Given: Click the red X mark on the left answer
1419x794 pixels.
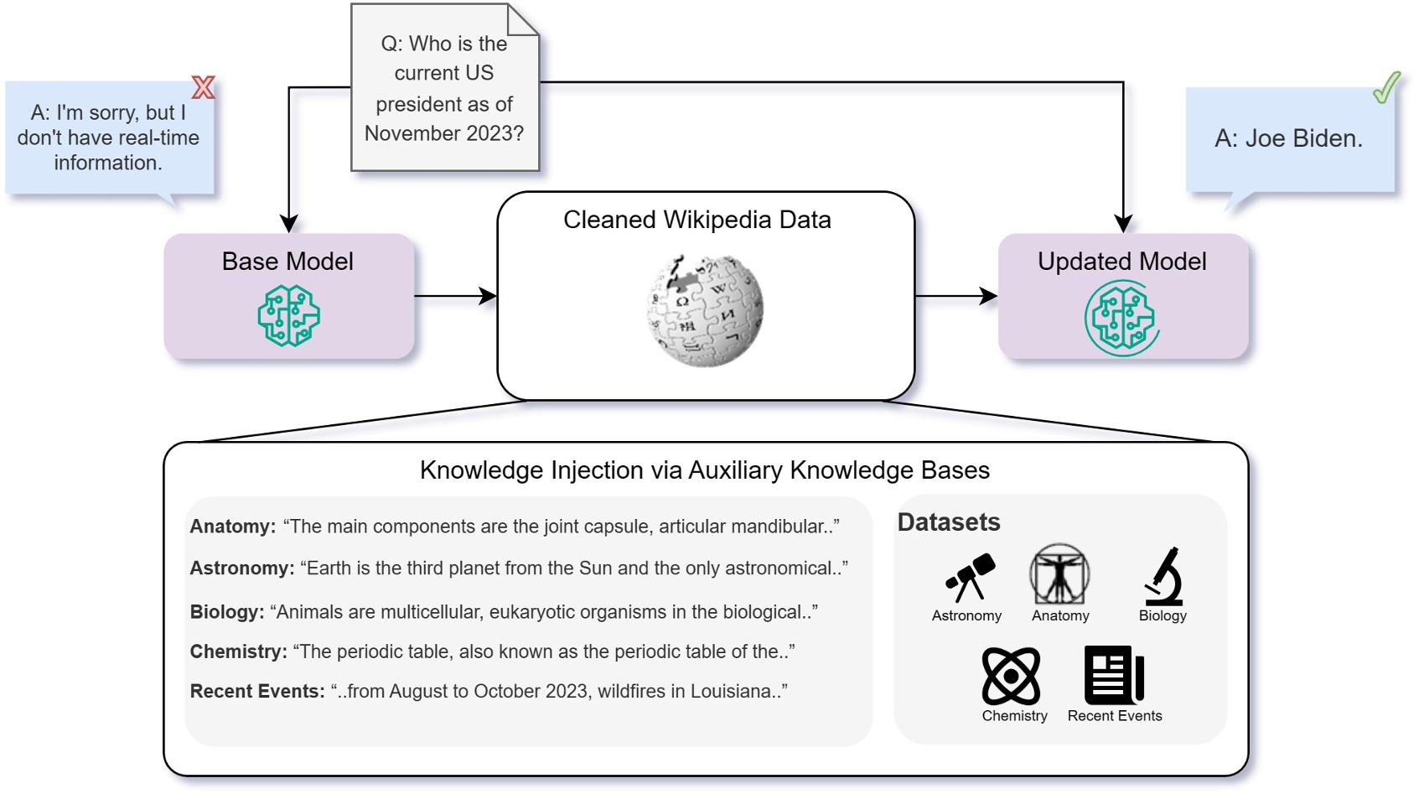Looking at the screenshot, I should pyautogui.click(x=203, y=87).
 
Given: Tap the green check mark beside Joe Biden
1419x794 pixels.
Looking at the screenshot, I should pyautogui.click(x=1386, y=88).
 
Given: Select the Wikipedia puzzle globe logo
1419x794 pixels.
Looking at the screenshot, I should pyautogui.click(x=705, y=310).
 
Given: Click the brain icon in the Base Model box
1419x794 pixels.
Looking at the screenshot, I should pyautogui.click(x=288, y=316).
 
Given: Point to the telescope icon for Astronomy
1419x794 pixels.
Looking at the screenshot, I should pyautogui.click(x=970, y=577).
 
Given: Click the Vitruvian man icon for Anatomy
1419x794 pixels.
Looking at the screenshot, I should pyautogui.click(x=1059, y=575).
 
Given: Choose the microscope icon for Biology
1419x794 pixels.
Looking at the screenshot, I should pyautogui.click(x=1163, y=576).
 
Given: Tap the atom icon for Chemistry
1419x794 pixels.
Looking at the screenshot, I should pyautogui.click(x=1011, y=676).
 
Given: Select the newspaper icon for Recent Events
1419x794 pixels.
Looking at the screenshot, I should pyautogui.click(x=1114, y=675).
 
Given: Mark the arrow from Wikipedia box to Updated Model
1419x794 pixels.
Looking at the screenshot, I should pyautogui.click(x=955, y=296).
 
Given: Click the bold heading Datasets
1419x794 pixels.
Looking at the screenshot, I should pyautogui.click(x=949, y=522).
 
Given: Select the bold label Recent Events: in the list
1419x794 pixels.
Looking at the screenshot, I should pyautogui.click(x=257, y=692).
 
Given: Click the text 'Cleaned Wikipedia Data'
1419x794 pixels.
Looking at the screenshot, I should pyautogui.click(x=697, y=220).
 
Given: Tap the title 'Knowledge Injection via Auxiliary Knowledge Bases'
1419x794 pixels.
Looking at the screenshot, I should pyautogui.click(x=704, y=470).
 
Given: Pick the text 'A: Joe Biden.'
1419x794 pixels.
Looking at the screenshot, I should pyautogui.click(x=1288, y=138).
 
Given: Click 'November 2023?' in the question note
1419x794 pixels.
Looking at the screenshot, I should pyautogui.click(x=444, y=133).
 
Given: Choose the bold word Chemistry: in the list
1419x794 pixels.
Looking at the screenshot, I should pyautogui.click(x=239, y=651).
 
